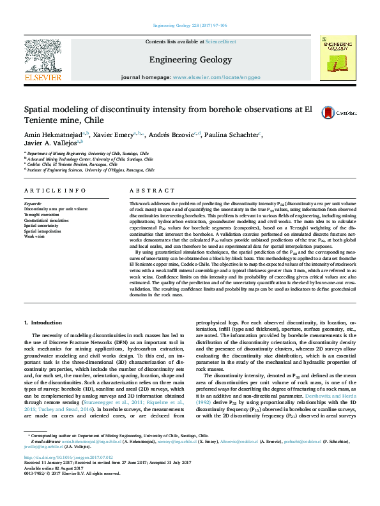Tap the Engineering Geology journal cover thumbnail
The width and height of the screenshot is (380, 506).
(x=338, y=59)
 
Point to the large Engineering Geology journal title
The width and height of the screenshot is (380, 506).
(x=190, y=59)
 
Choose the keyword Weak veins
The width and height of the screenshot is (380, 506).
(x=34, y=235)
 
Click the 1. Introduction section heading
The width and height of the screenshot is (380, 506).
(x=42, y=324)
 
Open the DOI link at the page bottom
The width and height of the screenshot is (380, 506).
(x=66, y=475)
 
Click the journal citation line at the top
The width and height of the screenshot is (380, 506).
(x=190, y=26)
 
